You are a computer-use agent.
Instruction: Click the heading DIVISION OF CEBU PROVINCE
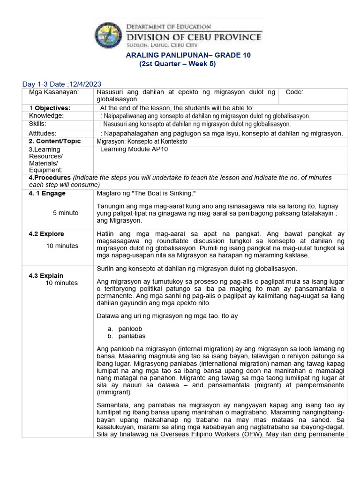click(195, 37)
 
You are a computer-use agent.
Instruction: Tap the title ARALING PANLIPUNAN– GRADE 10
click(189, 55)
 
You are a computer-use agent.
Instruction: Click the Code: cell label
click(294, 92)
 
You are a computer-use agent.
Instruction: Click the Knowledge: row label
click(46, 116)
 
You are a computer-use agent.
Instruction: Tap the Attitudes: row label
click(42, 134)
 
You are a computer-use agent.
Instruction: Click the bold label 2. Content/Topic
click(54, 141)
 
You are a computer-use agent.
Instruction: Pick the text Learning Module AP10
click(134, 149)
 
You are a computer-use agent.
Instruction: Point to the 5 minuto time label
click(66, 213)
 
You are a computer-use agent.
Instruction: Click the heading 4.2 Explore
click(46, 234)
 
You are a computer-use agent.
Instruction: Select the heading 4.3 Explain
click(46, 276)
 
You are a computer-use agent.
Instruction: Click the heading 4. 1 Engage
click(47, 194)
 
